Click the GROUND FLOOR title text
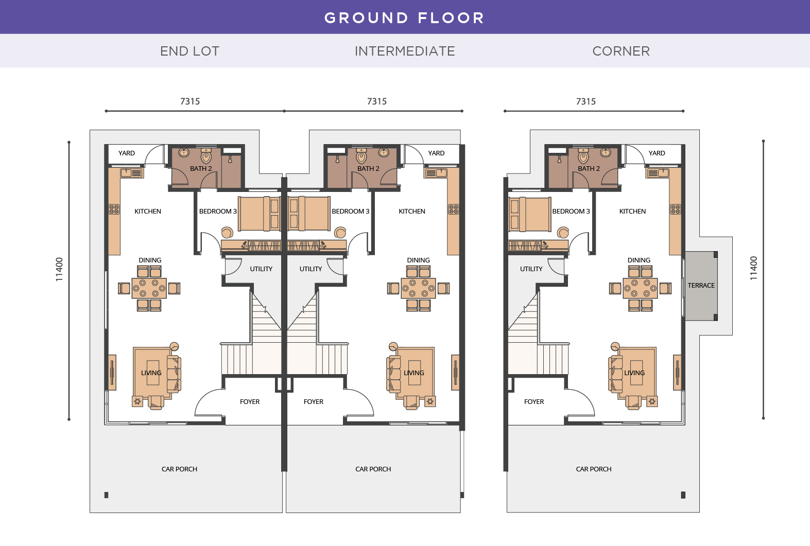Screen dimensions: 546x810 click(x=404, y=18)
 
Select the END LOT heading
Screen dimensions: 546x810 click(x=189, y=51)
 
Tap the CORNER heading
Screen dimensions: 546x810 click(x=621, y=51)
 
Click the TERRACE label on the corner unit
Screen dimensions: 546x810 click(x=701, y=286)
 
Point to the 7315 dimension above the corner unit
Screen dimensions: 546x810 click(x=585, y=101)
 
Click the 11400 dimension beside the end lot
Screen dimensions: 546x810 click(x=59, y=269)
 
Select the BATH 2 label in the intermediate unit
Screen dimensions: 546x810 click(x=368, y=169)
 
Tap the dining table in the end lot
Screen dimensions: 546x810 click(x=149, y=288)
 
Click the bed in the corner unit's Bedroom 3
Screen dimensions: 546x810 click(x=530, y=214)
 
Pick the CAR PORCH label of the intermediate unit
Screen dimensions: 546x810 click(x=373, y=469)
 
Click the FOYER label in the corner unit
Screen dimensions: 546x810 click(x=534, y=402)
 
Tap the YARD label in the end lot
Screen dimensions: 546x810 click(x=127, y=153)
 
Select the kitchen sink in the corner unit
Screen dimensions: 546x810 click(x=658, y=173)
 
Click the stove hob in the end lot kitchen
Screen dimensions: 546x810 click(x=114, y=209)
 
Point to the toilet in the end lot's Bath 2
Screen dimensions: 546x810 click(x=206, y=156)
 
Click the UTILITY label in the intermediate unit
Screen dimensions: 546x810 click(x=311, y=269)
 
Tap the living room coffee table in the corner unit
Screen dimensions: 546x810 click(x=637, y=373)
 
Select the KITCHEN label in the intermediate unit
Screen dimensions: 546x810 click(x=412, y=212)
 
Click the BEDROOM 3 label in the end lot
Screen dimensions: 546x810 click(x=218, y=212)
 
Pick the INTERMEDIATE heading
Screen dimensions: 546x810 click(x=405, y=51)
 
